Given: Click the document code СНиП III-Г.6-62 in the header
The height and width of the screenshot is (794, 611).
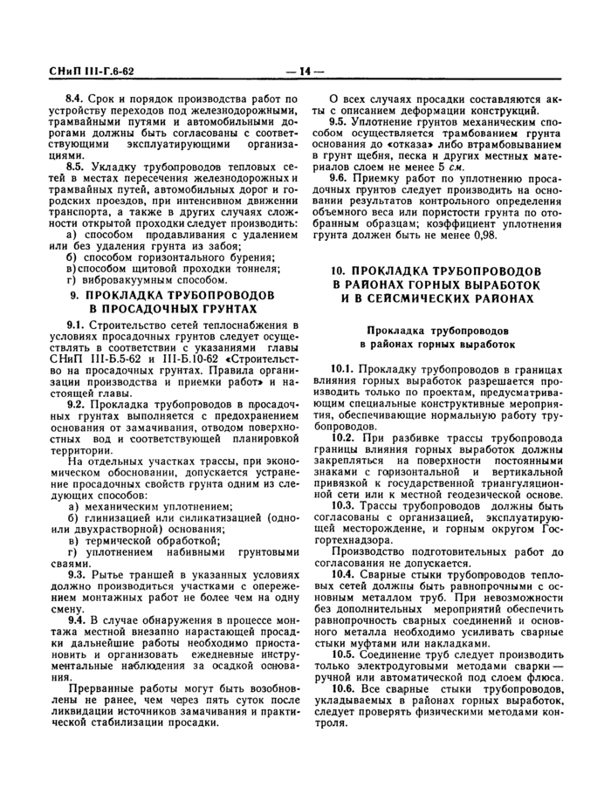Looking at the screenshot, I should pyautogui.click(x=83, y=71).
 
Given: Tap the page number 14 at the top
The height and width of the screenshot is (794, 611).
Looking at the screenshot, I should pyautogui.click(x=305, y=71).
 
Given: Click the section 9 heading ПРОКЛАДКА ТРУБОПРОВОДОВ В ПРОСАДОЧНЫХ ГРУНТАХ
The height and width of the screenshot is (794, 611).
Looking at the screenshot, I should pyautogui.click(x=169, y=302).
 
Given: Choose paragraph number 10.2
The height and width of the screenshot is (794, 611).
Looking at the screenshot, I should pyautogui.click(x=342, y=435).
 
